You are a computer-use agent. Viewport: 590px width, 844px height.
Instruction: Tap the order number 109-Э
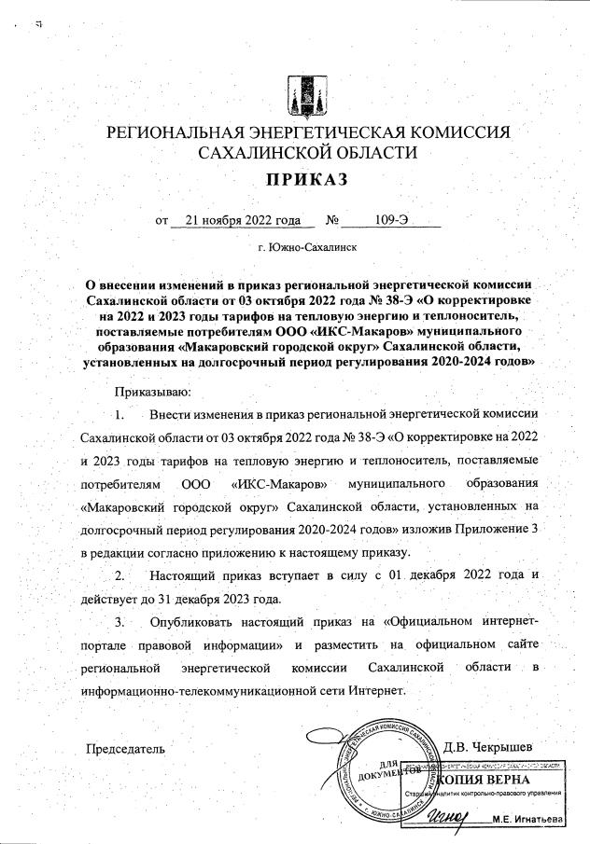(x=393, y=221)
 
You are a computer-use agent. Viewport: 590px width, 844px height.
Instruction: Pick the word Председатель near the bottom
(x=125, y=747)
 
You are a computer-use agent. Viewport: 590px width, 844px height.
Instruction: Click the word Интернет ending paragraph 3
(x=377, y=690)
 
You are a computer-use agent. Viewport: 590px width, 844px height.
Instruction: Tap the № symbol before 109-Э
(x=331, y=221)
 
